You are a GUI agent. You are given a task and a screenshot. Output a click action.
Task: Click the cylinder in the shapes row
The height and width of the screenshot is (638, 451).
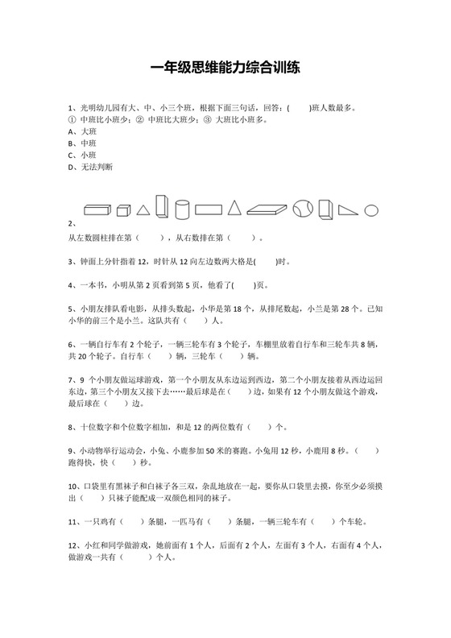(x=182, y=209)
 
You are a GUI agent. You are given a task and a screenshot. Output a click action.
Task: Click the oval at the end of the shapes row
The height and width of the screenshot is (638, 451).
(x=371, y=210)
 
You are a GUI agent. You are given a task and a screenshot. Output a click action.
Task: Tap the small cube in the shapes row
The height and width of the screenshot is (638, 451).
(x=122, y=210)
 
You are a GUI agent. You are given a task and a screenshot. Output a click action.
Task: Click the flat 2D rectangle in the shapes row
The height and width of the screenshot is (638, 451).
(x=209, y=209)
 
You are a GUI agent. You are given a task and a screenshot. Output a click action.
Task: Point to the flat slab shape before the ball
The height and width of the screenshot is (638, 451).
(x=267, y=210)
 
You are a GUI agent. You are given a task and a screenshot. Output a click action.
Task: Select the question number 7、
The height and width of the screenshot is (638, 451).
(x=72, y=378)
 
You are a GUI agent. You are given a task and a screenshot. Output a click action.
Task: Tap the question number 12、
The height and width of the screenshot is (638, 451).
(x=75, y=545)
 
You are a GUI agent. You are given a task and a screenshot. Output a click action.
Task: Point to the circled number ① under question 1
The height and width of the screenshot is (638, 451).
(x=72, y=118)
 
